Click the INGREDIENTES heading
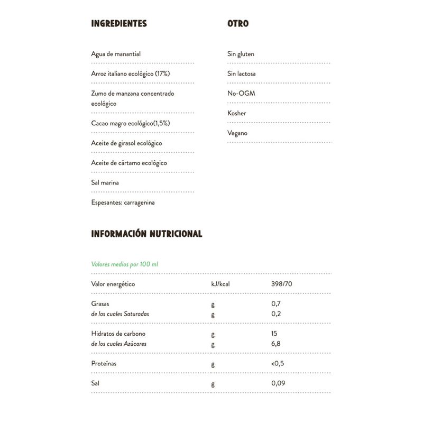click(119, 24)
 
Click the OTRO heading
click(238, 24)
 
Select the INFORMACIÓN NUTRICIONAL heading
click(146, 234)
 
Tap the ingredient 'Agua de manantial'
click(116, 54)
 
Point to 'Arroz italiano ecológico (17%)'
click(130, 73)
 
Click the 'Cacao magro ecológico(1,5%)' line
click(131, 123)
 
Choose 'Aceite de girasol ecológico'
click(126, 143)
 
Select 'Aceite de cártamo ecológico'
click(129, 163)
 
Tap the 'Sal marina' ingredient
click(105, 183)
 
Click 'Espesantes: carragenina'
click(123, 203)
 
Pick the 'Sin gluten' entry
click(241, 54)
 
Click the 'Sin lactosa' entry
click(241, 73)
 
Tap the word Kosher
click(236, 113)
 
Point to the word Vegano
click(237, 133)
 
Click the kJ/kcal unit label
click(220, 284)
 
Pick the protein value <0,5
click(278, 364)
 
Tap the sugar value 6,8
click(275, 344)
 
